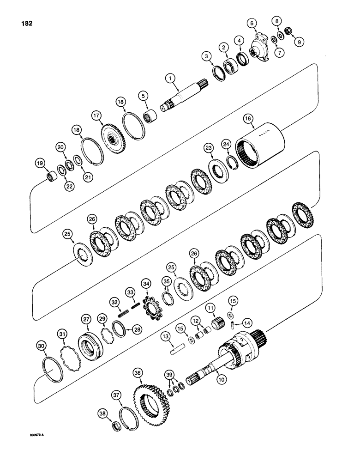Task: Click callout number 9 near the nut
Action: (300, 42)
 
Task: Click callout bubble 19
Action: (40, 163)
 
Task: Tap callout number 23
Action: (209, 148)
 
